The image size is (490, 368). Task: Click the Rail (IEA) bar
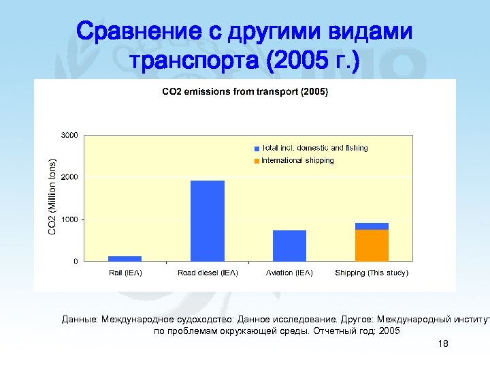(x=125, y=258)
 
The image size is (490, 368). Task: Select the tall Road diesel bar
(x=208, y=221)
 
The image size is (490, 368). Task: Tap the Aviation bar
(x=289, y=245)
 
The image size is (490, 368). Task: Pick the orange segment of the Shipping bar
(x=372, y=245)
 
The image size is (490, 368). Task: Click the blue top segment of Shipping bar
(x=372, y=226)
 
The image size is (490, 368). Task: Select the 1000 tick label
(x=69, y=219)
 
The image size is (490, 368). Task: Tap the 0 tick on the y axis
(x=75, y=262)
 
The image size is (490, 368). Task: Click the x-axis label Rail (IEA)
(x=125, y=273)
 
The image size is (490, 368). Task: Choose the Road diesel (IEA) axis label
(x=208, y=273)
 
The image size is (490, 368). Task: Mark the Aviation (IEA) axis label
(x=289, y=273)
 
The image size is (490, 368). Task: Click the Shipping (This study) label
(x=372, y=273)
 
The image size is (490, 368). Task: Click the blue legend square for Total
(x=257, y=148)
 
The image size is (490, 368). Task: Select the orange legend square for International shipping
(x=257, y=161)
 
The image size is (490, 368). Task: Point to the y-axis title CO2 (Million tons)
(x=52, y=198)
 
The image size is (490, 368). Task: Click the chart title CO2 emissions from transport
(x=244, y=91)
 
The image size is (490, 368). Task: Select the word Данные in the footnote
(x=79, y=318)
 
